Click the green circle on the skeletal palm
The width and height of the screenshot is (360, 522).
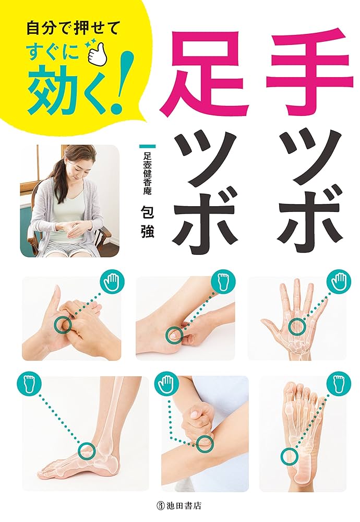pos(296,327)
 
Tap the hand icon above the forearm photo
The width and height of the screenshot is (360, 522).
pos(166,386)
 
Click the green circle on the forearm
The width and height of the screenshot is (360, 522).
pos(205,443)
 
